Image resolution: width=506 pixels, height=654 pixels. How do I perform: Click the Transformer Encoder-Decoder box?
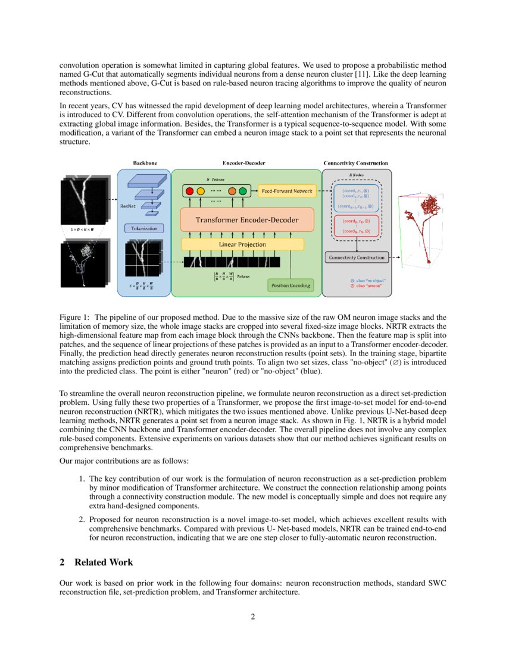[x=247, y=220]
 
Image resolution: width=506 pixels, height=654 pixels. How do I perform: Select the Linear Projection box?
[x=242, y=244]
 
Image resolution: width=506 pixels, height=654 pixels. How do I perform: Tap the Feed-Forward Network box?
[x=287, y=191]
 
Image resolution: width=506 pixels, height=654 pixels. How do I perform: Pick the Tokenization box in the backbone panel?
[x=143, y=228]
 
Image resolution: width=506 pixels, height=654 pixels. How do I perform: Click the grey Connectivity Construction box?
[x=356, y=257]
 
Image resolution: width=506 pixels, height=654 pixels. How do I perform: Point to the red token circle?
[x=190, y=191]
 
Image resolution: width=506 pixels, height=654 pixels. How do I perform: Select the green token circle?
[x=243, y=191]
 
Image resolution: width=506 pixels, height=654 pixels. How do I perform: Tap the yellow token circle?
[x=201, y=191]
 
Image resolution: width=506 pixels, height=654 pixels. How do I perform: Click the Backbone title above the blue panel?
[x=145, y=163]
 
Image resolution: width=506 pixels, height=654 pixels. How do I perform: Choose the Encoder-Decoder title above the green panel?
[x=244, y=163]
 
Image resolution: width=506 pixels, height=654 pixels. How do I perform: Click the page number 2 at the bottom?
[x=253, y=617]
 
